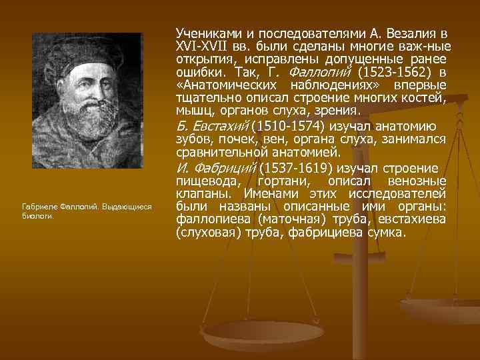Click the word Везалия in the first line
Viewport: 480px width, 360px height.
click(419, 33)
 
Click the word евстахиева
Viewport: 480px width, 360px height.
click(414, 220)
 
